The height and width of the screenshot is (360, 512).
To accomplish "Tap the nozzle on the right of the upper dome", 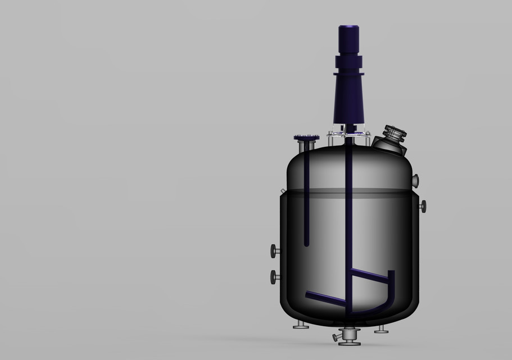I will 415,180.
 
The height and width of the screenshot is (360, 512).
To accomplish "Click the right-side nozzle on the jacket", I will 422,206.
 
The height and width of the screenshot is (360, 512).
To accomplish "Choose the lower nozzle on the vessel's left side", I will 274,276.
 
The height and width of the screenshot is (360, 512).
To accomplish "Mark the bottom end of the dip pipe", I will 306,243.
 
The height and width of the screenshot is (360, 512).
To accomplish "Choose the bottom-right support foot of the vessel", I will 380,328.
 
